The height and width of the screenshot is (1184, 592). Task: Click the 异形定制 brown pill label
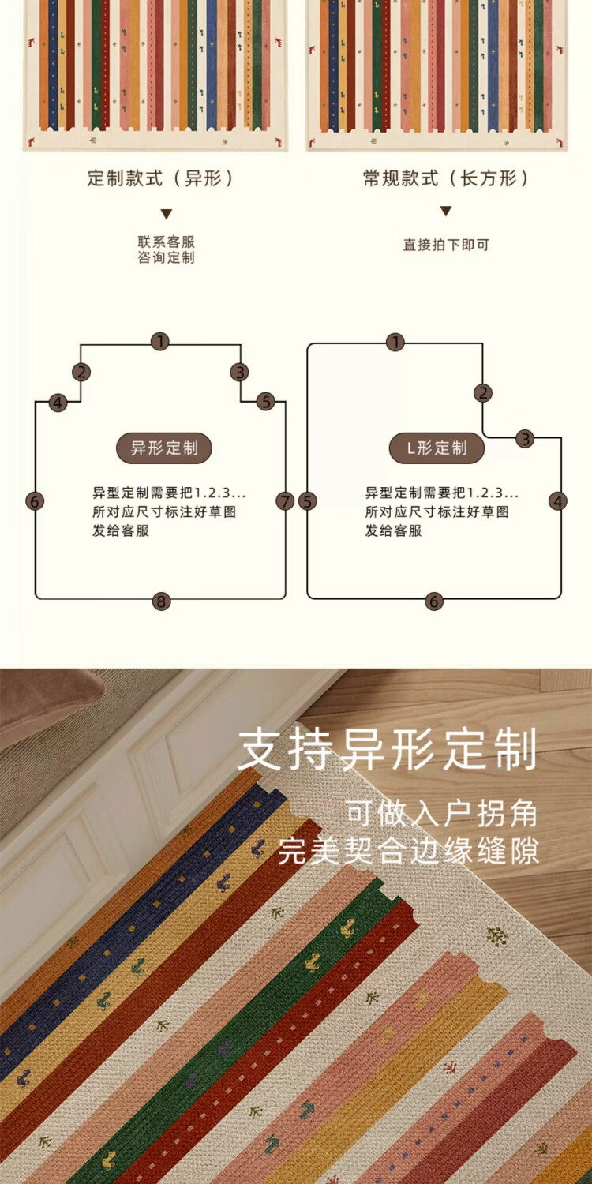pyautogui.click(x=164, y=448)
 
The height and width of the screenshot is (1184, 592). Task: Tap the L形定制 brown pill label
pyautogui.click(x=437, y=448)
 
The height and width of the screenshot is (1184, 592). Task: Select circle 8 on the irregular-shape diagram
pyautogui.click(x=161, y=601)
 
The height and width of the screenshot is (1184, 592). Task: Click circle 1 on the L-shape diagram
pyautogui.click(x=395, y=343)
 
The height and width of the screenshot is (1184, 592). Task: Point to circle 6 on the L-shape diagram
pyautogui.click(x=433, y=601)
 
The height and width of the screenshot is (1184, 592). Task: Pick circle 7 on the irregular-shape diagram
pyautogui.click(x=285, y=501)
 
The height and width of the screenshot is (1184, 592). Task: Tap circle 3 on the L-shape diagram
pyautogui.click(x=526, y=440)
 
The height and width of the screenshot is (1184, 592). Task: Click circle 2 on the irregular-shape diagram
pyautogui.click(x=81, y=373)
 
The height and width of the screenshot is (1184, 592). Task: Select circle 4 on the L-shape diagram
pyautogui.click(x=558, y=501)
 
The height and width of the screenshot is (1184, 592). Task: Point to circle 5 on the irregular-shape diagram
pyautogui.click(x=265, y=402)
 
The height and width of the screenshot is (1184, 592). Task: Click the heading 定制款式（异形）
pyautogui.click(x=161, y=179)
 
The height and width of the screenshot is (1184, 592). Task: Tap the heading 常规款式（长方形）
pyautogui.click(x=446, y=179)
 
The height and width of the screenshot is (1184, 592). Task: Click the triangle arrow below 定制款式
pyautogui.click(x=166, y=214)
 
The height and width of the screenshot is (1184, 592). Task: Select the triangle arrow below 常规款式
pyautogui.click(x=446, y=212)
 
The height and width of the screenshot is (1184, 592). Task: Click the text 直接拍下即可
pyautogui.click(x=446, y=245)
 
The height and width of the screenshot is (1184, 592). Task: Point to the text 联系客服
pyautogui.click(x=166, y=242)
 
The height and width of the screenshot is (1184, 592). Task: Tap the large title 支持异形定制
pyautogui.click(x=388, y=750)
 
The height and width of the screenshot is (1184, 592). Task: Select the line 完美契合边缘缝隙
pyautogui.click(x=408, y=852)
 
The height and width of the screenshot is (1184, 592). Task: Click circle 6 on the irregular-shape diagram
pyautogui.click(x=35, y=501)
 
